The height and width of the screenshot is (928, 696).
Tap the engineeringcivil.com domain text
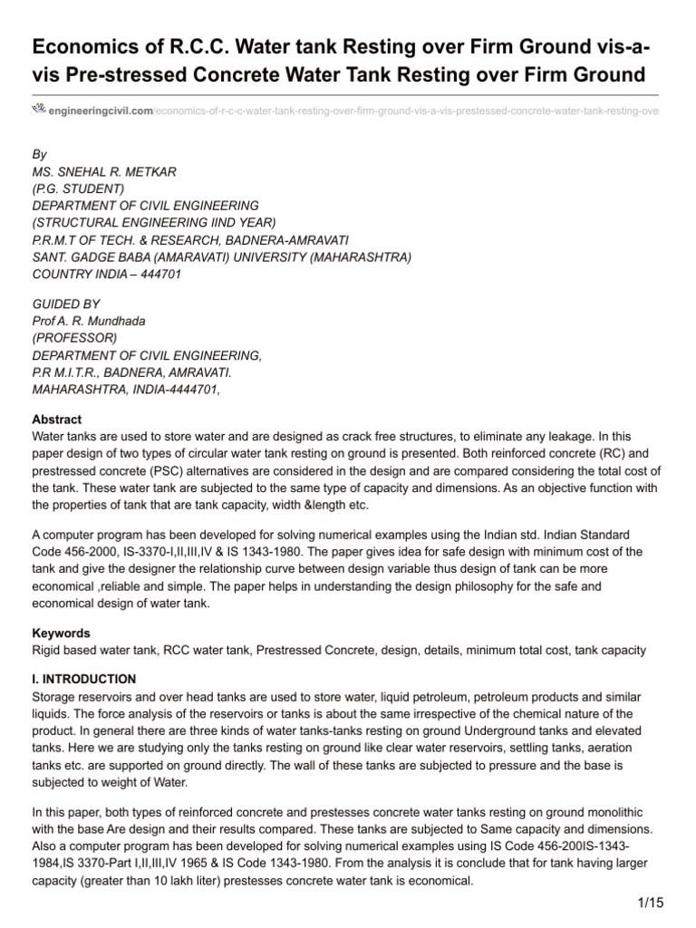pyautogui.click(x=100, y=111)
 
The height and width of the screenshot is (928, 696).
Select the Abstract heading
pyautogui.click(x=56, y=420)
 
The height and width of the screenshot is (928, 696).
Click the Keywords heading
pyautogui.click(x=61, y=633)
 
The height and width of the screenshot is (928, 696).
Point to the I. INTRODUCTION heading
pyautogui.click(x=83, y=679)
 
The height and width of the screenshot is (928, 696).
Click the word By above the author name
pyautogui.click(x=39, y=156)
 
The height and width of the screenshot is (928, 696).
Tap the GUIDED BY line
pyautogui.click(x=66, y=304)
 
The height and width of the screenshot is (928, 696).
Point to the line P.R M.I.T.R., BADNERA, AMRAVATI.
pyautogui.click(x=132, y=372)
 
